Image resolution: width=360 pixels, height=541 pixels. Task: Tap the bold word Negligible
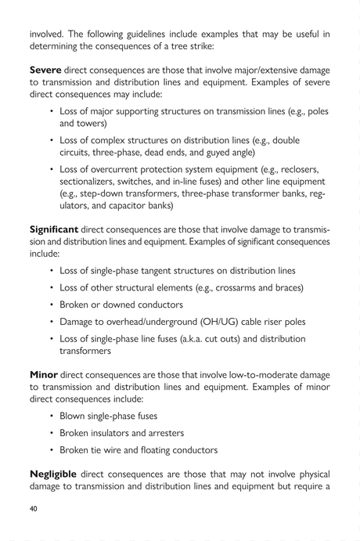click(x=55, y=474)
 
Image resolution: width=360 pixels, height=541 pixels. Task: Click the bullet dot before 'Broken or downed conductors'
click(x=52, y=305)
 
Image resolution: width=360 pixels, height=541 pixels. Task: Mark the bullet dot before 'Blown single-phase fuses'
click(x=52, y=416)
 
